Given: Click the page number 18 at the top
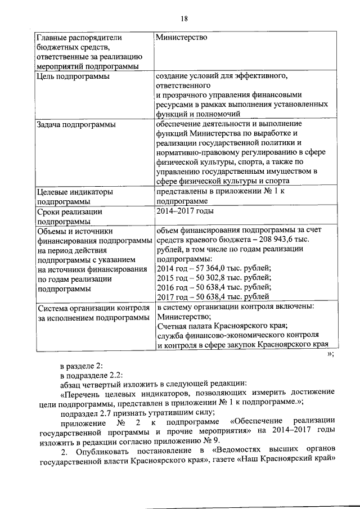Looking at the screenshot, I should (184, 19).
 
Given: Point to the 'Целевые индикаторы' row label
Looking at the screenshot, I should (74, 191).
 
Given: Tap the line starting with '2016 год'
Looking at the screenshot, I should (214, 287).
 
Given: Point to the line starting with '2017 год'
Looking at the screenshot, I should (214, 296).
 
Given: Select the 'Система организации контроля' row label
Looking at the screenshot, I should (92, 308).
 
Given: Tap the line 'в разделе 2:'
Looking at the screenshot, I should (81, 365).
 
